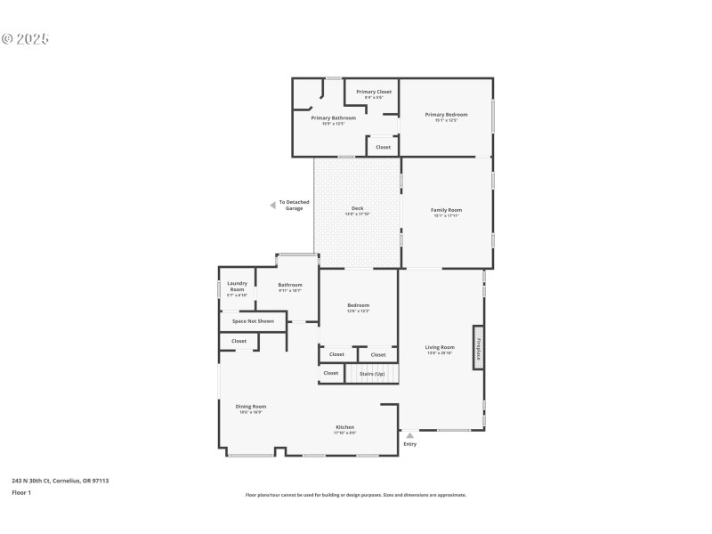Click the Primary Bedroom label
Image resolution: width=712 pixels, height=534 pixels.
click(x=446, y=115)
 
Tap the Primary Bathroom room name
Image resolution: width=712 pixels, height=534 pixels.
click(x=334, y=118)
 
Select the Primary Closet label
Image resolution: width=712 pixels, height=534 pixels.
click(x=374, y=92)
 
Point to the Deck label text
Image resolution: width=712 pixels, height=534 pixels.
click(x=357, y=209)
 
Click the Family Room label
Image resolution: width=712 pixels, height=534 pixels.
click(x=446, y=210)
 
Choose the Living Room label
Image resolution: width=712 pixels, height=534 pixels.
click(x=441, y=348)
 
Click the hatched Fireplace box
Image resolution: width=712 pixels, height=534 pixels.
click(x=478, y=347)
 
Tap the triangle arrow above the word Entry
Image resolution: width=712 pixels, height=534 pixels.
click(x=409, y=435)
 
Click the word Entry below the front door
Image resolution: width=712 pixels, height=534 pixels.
click(x=409, y=444)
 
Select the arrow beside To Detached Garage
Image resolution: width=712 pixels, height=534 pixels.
click(x=273, y=206)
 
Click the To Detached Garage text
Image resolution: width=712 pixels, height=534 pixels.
click(x=295, y=206)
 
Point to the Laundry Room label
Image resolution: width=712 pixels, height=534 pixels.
click(x=237, y=287)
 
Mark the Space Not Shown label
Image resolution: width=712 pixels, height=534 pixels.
click(x=253, y=320)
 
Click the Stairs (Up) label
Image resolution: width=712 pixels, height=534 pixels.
click(x=372, y=373)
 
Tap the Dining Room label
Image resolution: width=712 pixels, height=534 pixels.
click(x=251, y=407)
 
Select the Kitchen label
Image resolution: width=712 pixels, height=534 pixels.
click(x=344, y=427)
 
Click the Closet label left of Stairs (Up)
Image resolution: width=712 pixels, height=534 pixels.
click(x=331, y=373)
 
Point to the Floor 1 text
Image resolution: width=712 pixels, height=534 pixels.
click(x=21, y=492)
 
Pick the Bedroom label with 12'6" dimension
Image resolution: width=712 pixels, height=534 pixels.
click(x=358, y=306)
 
